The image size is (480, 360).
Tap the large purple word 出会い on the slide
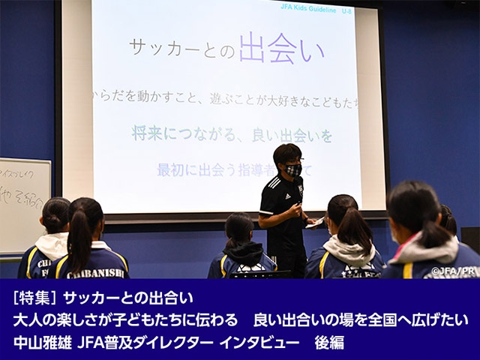click(x=281, y=50)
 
